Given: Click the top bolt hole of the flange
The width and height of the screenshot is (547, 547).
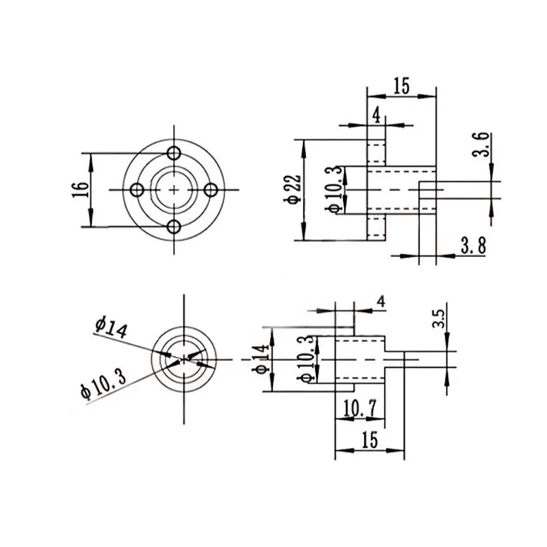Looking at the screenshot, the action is pos(174,152).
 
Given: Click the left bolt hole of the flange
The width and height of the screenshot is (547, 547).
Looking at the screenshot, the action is pos(137,190).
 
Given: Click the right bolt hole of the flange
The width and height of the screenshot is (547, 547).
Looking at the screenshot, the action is pos(211,190).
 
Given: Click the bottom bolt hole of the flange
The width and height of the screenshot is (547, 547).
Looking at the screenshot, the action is pos(174,227).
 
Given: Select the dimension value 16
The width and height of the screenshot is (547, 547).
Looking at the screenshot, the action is pos(80,190).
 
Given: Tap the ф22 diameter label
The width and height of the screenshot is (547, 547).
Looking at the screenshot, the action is pos(294,189).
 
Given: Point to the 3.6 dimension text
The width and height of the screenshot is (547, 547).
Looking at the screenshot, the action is pos(481,144).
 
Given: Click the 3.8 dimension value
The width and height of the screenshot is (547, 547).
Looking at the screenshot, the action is pos(473,245).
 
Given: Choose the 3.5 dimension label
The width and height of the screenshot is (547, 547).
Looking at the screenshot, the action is pos(438,319).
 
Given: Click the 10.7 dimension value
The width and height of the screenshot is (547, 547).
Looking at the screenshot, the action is pos(360,408).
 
